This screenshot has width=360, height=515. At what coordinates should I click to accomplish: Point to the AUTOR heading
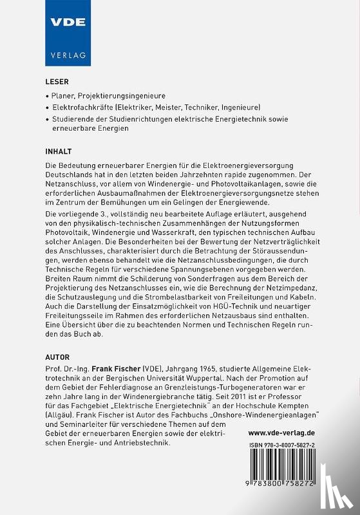pyautogui.click(x=58, y=355)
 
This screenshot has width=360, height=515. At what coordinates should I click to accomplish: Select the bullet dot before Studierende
pyautogui.click(x=47, y=118)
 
